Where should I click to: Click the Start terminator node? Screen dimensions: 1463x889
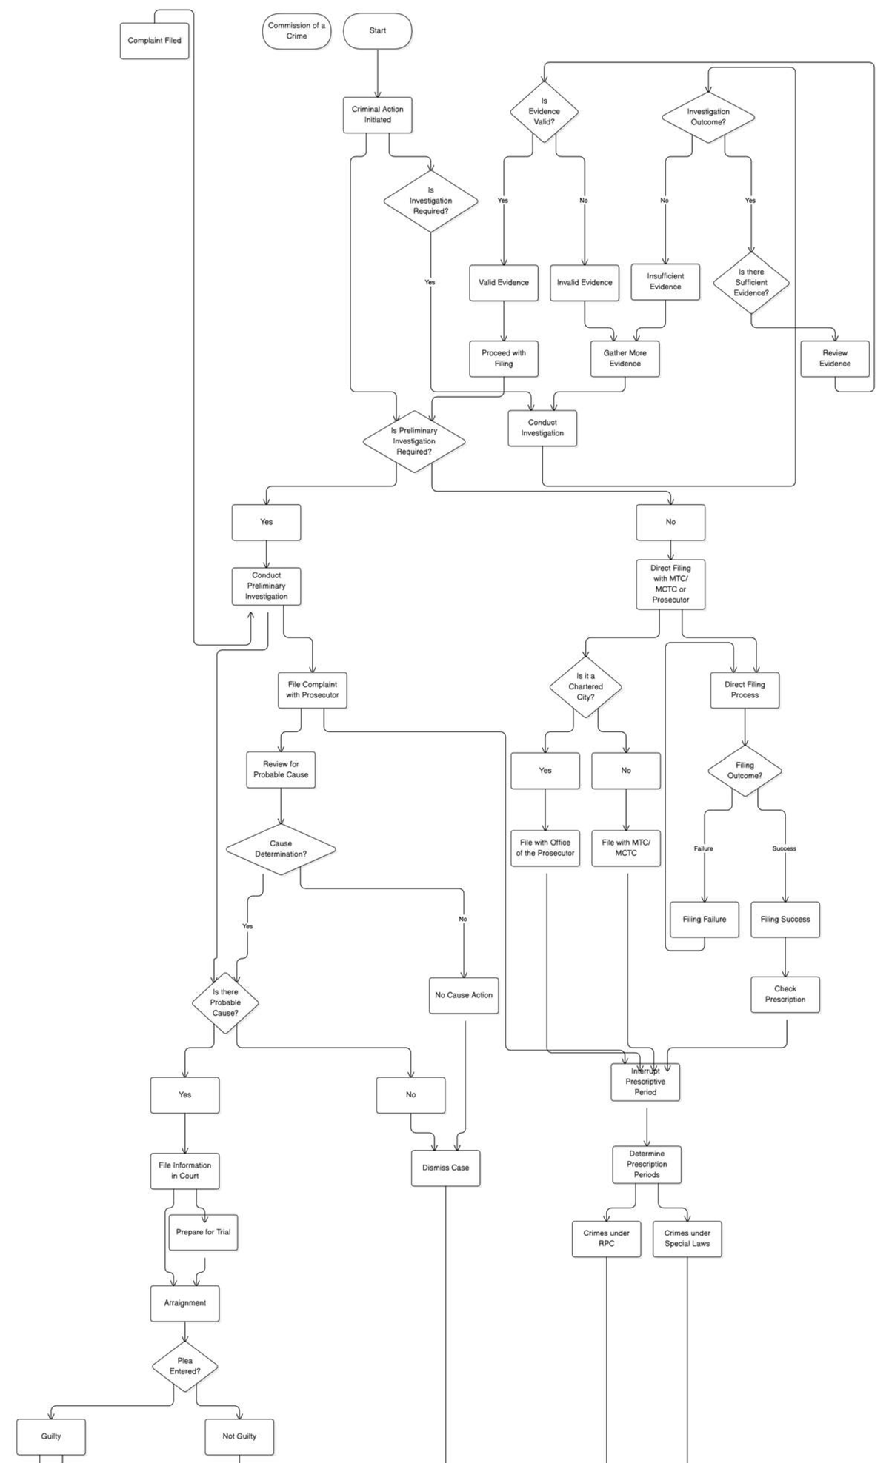click(x=377, y=31)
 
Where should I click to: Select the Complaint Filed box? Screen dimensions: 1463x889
click(x=154, y=41)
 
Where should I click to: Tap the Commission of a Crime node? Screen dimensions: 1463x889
click(x=296, y=31)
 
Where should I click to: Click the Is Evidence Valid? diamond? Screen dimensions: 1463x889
click(x=544, y=112)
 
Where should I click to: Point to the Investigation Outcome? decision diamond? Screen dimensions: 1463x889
click(x=707, y=117)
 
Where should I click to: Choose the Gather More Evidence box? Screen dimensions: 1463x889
click(x=625, y=358)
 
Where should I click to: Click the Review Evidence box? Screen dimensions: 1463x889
click(x=834, y=358)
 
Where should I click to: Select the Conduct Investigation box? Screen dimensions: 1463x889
click(x=542, y=428)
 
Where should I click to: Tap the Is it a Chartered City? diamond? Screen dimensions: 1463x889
click(x=585, y=686)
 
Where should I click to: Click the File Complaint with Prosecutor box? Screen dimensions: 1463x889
click(x=312, y=690)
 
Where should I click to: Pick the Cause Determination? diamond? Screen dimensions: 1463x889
click(x=281, y=848)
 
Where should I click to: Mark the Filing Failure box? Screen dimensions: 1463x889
click(x=704, y=920)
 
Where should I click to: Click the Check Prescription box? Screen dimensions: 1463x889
click(x=785, y=994)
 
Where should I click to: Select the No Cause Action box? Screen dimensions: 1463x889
click(x=464, y=995)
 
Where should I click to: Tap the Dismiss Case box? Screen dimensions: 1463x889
click(x=445, y=1168)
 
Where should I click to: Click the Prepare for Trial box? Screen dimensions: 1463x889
click(x=203, y=1232)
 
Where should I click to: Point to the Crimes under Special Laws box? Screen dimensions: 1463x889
click(x=687, y=1239)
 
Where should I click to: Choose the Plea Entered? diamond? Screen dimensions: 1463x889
click(x=184, y=1366)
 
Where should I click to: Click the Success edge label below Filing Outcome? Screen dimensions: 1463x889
click(x=784, y=848)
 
